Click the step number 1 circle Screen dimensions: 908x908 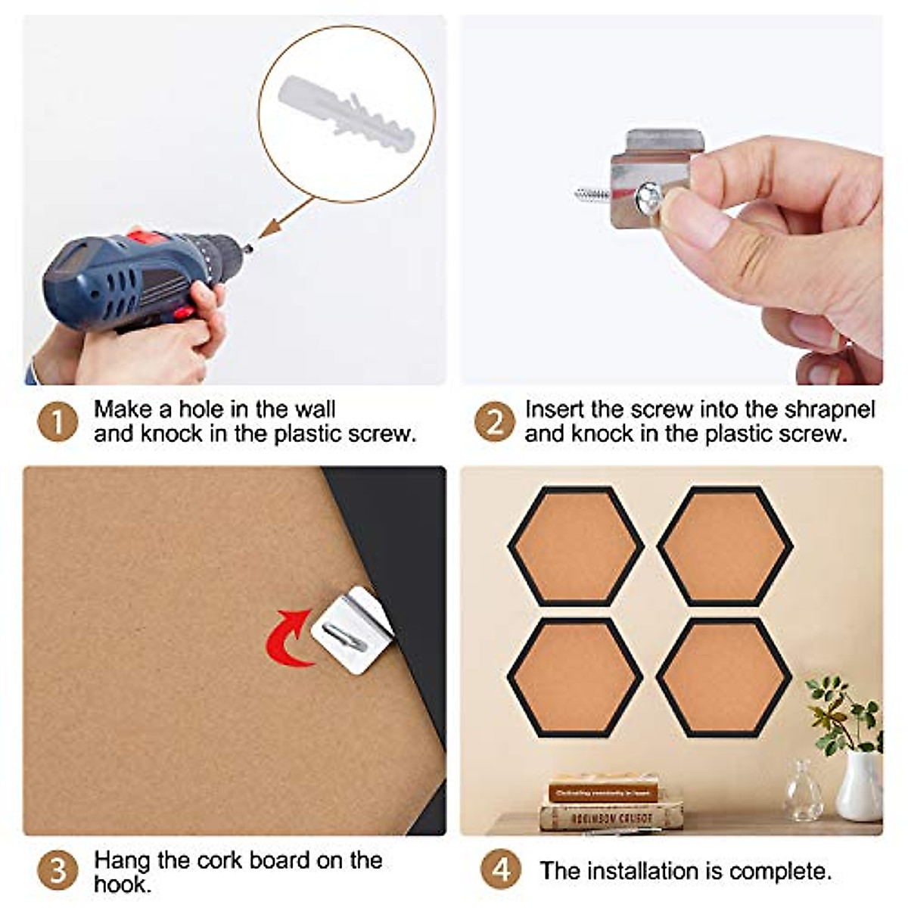[x=58, y=421]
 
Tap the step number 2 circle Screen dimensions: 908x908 [x=495, y=421]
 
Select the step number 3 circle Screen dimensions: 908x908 [x=58, y=870]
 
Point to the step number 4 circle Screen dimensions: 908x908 [x=501, y=870]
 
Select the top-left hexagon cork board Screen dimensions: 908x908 [x=575, y=546]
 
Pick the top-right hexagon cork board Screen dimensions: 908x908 [x=725, y=546]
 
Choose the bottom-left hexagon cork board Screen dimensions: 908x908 [x=574, y=677]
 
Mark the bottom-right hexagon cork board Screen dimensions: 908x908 [x=724, y=677]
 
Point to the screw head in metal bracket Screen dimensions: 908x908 [x=648, y=198]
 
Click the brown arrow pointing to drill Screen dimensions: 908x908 [x=286, y=217]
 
